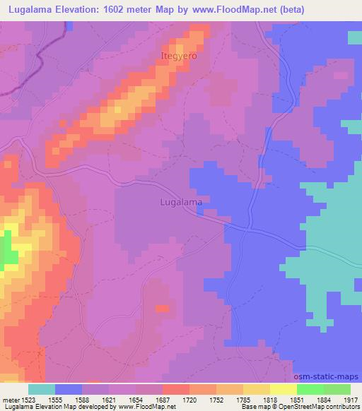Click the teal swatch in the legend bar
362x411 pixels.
[42, 389]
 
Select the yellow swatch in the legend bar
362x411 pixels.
[283, 389]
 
